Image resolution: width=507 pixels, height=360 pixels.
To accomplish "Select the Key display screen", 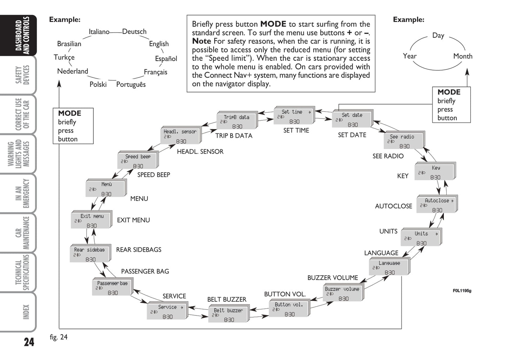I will click(x=434, y=172).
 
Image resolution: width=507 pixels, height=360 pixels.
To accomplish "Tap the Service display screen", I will click(x=167, y=311).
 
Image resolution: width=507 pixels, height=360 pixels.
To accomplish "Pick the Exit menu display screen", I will click(x=91, y=221).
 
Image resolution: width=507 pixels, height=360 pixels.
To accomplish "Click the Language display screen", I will click(x=389, y=267).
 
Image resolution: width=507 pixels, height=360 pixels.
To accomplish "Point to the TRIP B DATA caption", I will click(x=234, y=136).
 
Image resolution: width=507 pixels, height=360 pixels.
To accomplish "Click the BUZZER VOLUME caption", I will click(x=333, y=278).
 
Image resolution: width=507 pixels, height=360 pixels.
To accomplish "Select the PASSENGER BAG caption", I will click(x=145, y=272).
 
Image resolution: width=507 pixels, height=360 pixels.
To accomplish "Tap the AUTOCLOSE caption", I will click(x=393, y=206).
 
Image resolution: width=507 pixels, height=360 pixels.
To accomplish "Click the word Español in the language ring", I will click(x=166, y=59).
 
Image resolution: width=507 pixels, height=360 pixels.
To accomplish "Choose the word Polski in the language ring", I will click(x=98, y=85).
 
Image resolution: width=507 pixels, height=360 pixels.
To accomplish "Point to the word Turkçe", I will click(x=64, y=58).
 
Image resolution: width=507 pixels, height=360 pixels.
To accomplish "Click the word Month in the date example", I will click(x=462, y=56).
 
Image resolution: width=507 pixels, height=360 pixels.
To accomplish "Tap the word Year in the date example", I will click(x=409, y=56).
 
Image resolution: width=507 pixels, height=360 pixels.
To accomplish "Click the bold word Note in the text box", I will click(x=201, y=41).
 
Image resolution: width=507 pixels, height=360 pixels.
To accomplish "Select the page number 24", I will click(x=29, y=342).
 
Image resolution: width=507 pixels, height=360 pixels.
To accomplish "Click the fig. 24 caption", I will click(x=59, y=337).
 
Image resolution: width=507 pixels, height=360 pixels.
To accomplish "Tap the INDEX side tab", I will click(x=26, y=312).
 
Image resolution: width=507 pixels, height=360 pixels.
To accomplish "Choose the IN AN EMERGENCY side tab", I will click(x=22, y=193).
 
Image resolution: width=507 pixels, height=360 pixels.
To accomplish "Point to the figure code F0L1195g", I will click(x=462, y=291).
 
